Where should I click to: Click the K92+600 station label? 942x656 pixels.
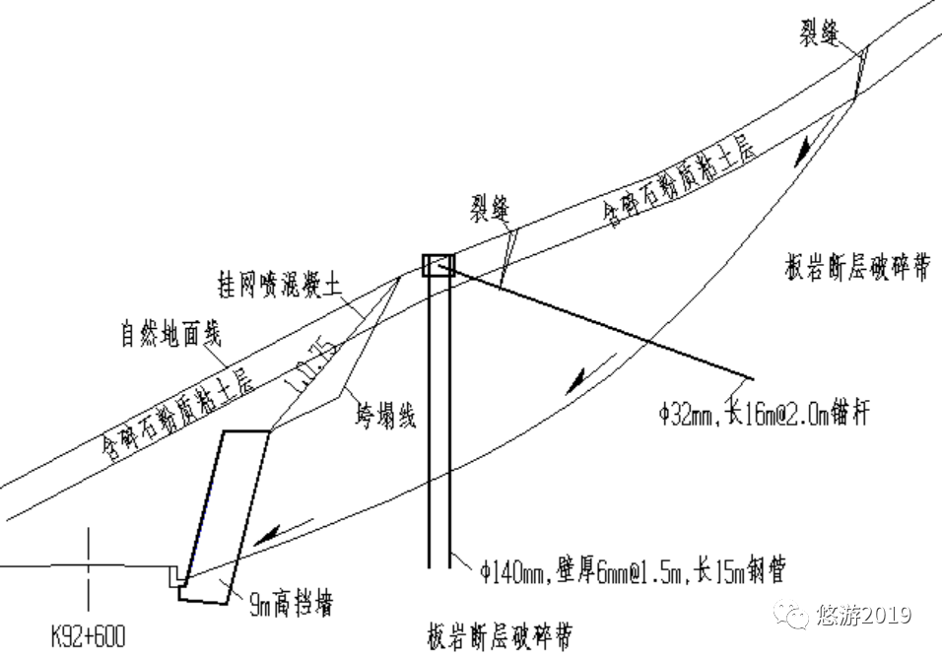pos(88,636)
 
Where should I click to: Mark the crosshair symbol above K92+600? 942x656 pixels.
pos(89,568)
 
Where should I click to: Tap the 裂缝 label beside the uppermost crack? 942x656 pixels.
pos(819,35)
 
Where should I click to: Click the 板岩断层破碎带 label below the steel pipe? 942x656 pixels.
pos(502,631)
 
